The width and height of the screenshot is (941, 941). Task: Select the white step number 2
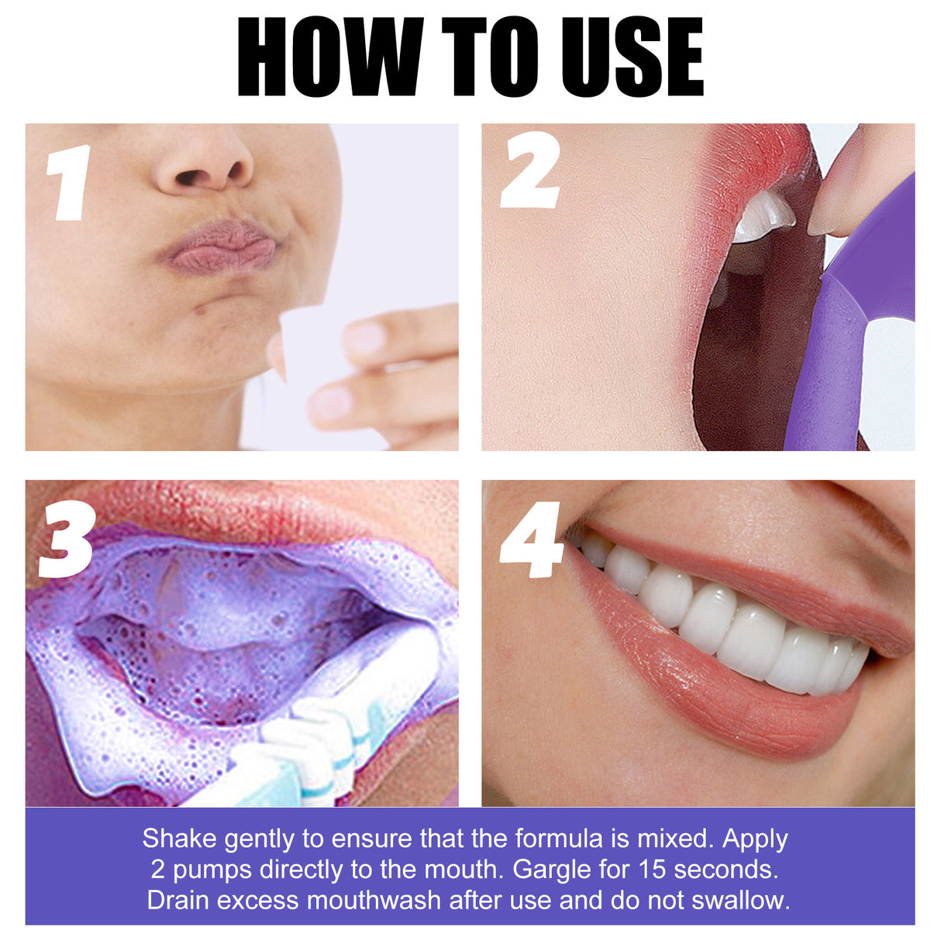point(530,171)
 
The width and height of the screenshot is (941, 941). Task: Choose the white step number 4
point(532,539)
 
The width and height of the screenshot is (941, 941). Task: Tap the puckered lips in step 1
point(219,246)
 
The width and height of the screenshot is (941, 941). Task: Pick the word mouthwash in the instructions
point(375,901)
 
